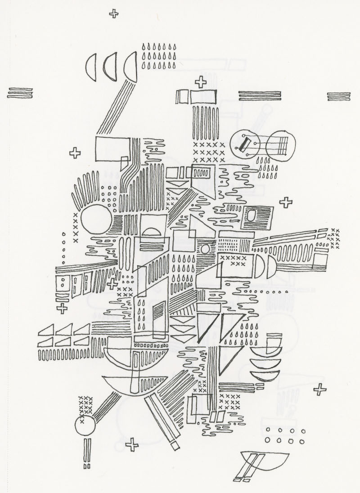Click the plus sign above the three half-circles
[114, 14]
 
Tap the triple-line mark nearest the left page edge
[20, 93]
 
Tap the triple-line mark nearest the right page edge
[338, 97]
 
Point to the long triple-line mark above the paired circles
[259, 95]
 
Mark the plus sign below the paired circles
[286, 203]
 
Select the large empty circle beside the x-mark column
[95, 219]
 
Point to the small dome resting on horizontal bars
[154, 232]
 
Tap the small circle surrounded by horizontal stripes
[205, 249]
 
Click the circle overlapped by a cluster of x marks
[85, 426]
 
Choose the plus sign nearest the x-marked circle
[132, 445]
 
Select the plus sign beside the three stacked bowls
[319, 390]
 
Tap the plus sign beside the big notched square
[75, 153]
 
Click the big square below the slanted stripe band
[112, 148]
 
